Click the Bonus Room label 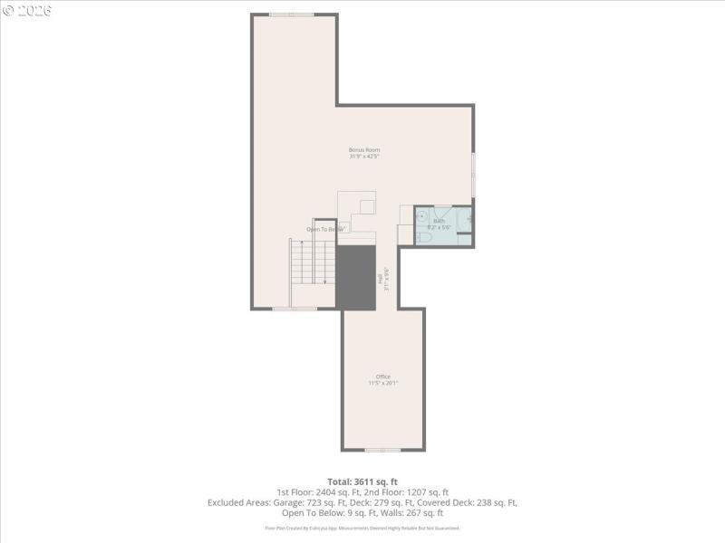[x=364, y=149]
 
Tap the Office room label [x=383, y=376]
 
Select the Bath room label [x=440, y=221]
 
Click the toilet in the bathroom [x=423, y=238]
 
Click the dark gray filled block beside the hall [x=355, y=277]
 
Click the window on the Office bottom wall [x=382, y=450]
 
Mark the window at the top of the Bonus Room [x=292, y=14]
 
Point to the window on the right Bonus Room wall [x=473, y=172]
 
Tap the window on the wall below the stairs [x=295, y=309]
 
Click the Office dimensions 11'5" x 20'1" [x=383, y=384]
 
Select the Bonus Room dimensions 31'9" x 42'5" [x=364, y=157]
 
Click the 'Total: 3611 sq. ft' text [x=362, y=481]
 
